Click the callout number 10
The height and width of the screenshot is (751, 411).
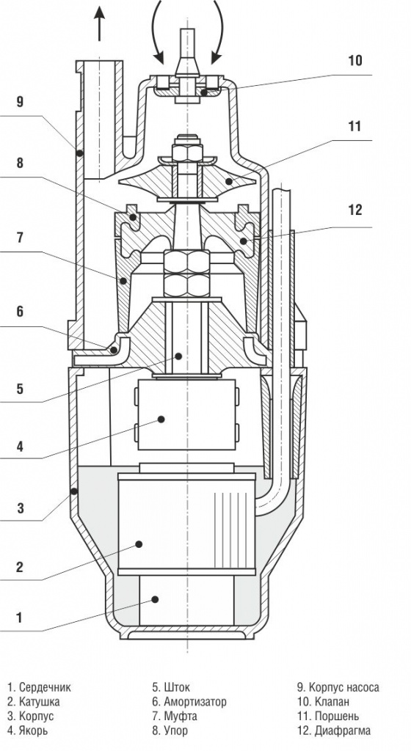pyautogui.click(x=355, y=61)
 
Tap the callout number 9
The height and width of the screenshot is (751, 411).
pyautogui.click(x=20, y=101)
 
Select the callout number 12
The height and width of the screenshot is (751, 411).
pyautogui.click(x=355, y=210)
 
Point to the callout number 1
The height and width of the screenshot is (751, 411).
pyautogui.click(x=20, y=618)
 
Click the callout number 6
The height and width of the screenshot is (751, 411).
pyautogui.click(x=20, y=312)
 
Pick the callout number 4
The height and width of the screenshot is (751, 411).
pyautogui.click(x=20, y=447)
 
